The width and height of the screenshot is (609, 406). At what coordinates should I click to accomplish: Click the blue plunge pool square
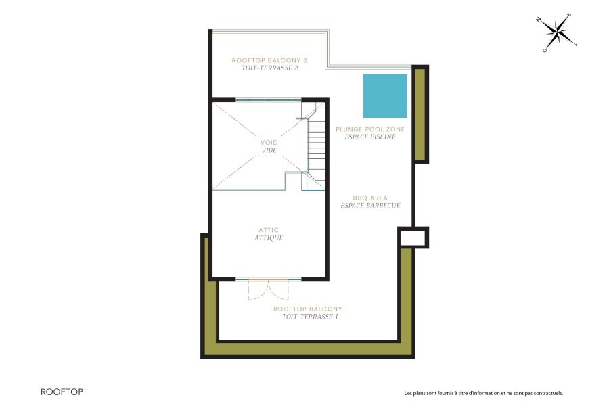(x=385, y=95)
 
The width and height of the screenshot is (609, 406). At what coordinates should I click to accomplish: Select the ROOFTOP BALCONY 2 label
(x=265, y=60)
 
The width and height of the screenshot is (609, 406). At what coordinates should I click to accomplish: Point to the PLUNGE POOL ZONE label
(x=365, y=129)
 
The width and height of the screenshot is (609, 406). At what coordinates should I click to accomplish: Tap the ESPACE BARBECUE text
(x=370, y=205)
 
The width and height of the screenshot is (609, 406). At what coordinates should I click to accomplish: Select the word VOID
(x=269, y=143)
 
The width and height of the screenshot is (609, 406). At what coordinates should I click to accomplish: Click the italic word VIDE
(x=269, y=151)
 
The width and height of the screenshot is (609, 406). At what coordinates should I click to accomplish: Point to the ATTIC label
(x=269, y=230)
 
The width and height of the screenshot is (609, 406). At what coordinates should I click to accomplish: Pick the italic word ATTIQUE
(x=269, y=238)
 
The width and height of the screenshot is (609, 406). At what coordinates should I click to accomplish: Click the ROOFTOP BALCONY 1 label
(x=305, y=309)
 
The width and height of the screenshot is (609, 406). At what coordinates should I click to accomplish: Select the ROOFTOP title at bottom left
(x=62, y=392)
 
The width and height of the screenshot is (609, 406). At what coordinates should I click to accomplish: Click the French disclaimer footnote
(x=483, y=393)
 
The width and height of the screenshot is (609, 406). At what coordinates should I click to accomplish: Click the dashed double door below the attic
(x=269, y=290)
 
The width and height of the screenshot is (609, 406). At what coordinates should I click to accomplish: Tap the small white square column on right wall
(x=413, y=238)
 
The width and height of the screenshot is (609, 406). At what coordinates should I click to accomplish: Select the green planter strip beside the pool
(x=420, y=114)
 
